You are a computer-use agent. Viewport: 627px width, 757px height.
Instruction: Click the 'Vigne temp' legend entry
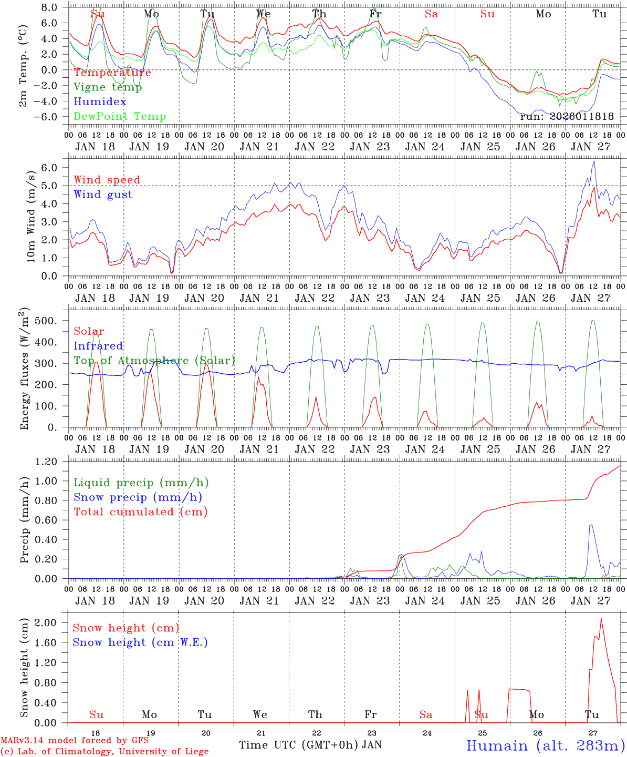[x=108, y=87]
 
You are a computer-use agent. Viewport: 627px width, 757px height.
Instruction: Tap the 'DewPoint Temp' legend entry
[x=120, y=117]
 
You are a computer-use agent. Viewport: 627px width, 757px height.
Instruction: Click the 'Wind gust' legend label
[x=103, y=195]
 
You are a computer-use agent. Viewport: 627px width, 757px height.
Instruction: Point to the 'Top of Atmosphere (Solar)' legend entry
[x=154, y=361]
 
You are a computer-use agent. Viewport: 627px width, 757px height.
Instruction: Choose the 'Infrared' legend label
[x=98, y=346]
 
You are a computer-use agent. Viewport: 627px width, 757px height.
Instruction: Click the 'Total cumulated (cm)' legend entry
[x=141, y=512]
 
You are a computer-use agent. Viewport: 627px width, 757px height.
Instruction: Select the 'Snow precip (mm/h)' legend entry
[x=138, y=497]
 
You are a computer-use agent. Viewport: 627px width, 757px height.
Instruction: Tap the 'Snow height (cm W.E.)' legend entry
[x=140, y=642]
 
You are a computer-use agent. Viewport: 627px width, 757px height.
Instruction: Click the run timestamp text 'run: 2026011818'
[x=567, y=117]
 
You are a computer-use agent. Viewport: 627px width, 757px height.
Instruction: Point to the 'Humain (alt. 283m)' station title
[x=546, y=745]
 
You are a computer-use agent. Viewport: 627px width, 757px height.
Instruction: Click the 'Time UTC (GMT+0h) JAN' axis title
[x=310, y=745]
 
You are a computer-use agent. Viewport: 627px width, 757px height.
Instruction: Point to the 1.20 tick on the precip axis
[x=47, y=462]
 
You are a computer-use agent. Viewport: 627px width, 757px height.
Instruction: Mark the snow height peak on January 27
[x=601, y=618]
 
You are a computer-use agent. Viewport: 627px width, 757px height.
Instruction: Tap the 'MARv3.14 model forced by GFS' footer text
[x=75, y=741]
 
